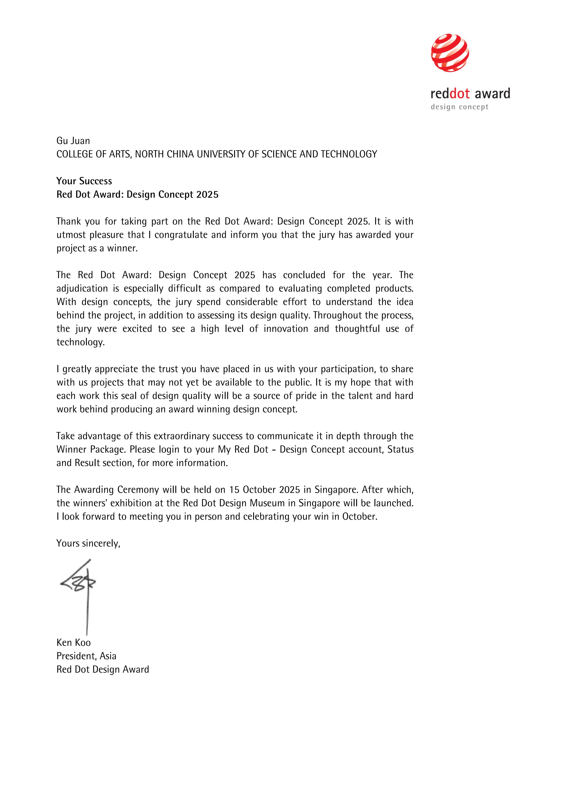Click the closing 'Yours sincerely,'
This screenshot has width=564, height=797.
click(88, 543)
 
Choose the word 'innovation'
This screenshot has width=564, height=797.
click(285, 329)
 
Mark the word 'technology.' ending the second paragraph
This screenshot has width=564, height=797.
click(81, 342)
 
